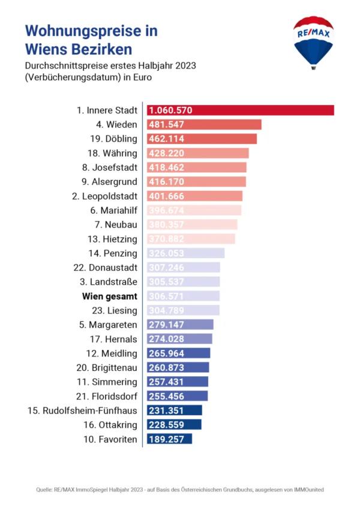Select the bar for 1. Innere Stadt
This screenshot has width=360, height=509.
coord(240,110)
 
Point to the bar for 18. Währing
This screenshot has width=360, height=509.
coord(198,153)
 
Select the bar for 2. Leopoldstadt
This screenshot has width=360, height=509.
coord(195,196)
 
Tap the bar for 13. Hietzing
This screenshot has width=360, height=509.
coord(191,239)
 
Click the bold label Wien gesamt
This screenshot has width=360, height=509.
coord(110,296)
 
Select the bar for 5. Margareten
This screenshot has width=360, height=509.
coord(180,325)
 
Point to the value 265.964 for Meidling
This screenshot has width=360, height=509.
coord(167,353)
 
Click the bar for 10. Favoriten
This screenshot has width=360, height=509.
coord(169,439)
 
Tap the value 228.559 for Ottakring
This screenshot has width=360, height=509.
coord(167,424)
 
